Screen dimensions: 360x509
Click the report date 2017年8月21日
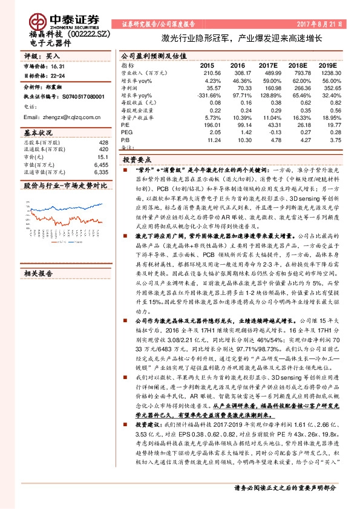(x=320, y=24)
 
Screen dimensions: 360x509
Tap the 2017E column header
(x=267, y=65)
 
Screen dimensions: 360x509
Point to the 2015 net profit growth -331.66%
(x=204, y=96)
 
